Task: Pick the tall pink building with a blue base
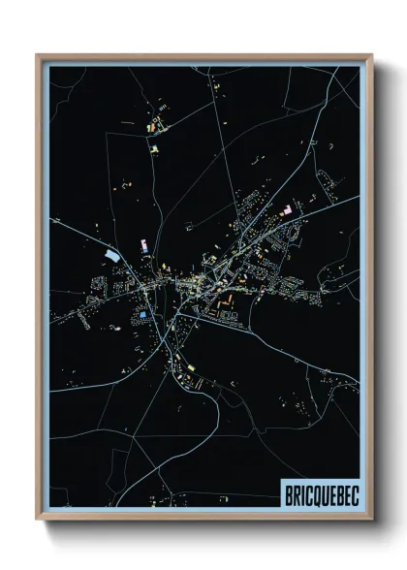(142, 244)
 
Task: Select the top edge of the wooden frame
(203, 55)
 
